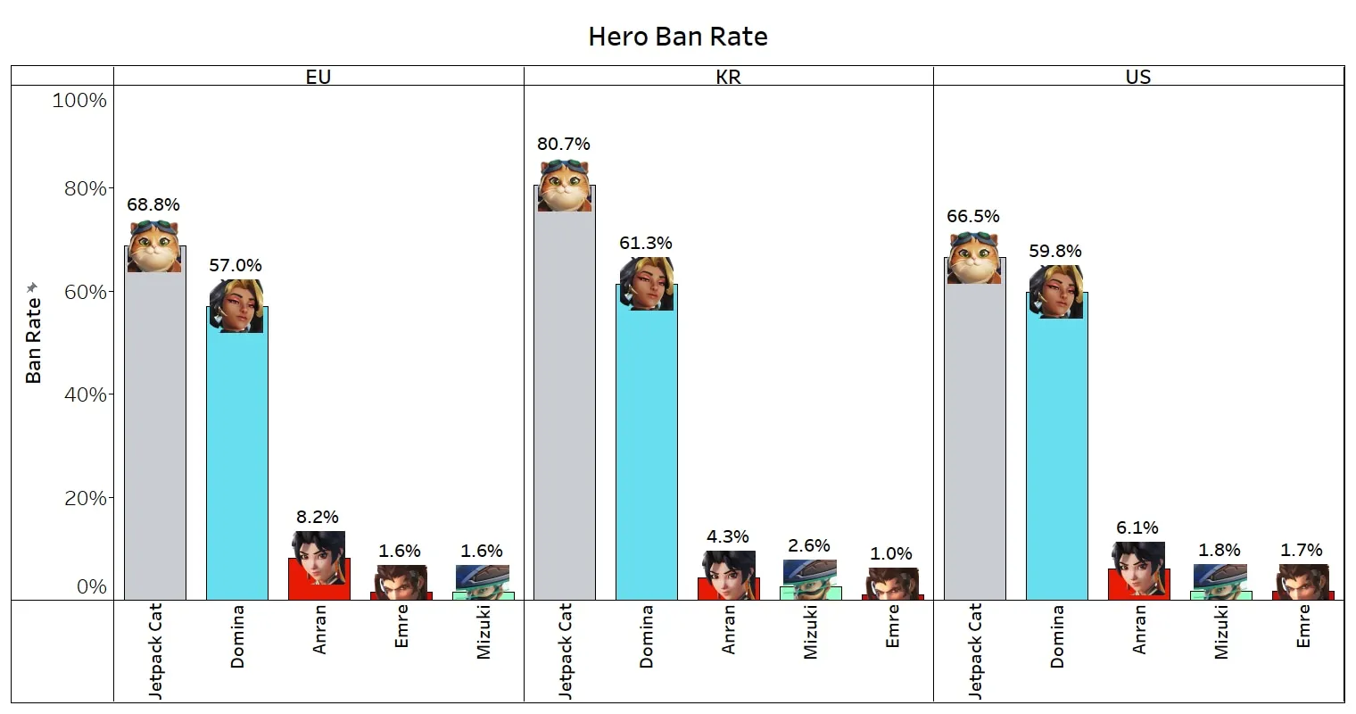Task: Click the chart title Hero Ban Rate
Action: point(678,37)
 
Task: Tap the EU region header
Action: point(318,77)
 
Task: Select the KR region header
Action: point(728,77)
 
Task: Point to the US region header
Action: point(1138,77)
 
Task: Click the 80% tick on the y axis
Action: point(85,189)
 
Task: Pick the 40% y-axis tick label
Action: point(85,394)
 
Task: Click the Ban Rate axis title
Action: point(34,339)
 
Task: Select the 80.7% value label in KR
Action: point(563,144)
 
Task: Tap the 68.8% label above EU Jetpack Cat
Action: point(153,204)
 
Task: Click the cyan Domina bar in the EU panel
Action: point(236,464)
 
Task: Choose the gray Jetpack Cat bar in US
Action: point(974,446)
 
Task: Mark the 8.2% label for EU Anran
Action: point(318,517)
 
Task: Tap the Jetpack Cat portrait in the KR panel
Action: point(564,186)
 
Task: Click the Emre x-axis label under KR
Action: point(892,626)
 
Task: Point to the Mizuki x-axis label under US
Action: point(1220,632)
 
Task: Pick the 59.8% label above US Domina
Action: point(1055,251)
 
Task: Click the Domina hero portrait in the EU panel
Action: point(236,306)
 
